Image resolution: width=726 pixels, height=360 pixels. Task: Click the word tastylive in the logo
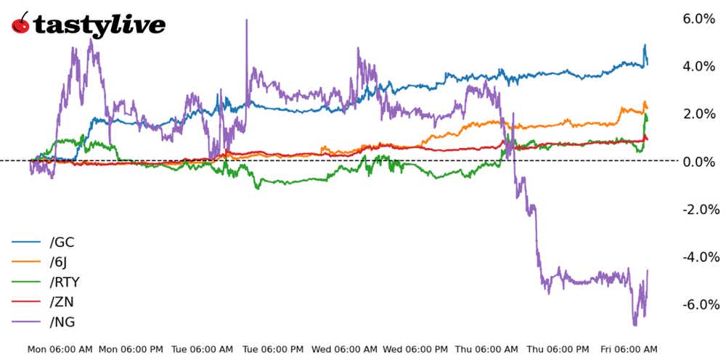99,26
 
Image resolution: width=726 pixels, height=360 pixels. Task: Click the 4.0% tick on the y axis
699,66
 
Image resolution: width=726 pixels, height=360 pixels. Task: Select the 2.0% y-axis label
699,114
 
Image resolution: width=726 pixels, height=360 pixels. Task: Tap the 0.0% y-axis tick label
699,161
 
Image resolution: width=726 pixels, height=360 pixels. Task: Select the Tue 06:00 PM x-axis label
274,349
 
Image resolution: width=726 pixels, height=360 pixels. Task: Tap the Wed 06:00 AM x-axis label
345,349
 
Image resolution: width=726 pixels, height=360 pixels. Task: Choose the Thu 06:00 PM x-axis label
559,349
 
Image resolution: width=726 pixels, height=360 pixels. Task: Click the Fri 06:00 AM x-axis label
629,349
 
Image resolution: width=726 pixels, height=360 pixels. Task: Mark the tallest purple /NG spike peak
247,20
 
